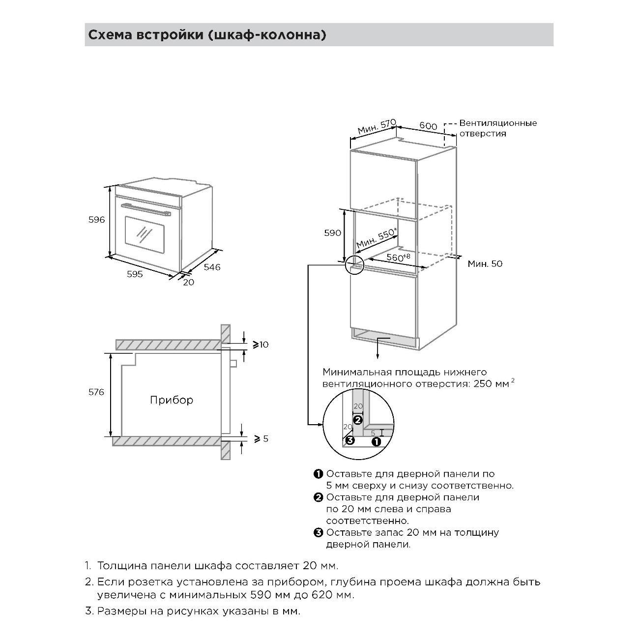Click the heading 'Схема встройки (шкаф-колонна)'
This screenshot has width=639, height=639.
click(207, 35)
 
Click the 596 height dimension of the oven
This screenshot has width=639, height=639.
click(97, 220)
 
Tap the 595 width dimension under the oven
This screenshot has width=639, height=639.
click(135, 274)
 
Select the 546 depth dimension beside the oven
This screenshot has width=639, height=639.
click(212, 267)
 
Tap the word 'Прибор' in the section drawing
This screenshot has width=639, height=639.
click(172, 400)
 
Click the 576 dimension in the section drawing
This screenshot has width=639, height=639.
click(96, 392)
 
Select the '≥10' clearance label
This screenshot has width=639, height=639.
click(261, 345)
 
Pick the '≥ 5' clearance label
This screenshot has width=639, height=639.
click(261, 438)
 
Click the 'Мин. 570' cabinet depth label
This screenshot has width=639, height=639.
click(376, 126)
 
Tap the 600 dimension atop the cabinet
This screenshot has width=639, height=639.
click(428, 126)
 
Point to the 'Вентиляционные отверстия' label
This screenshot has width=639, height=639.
click(497, 128)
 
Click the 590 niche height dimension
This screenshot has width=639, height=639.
click(333, 233)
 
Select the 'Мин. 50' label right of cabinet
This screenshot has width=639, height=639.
click(485, 263)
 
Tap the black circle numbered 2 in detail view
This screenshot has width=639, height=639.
click(358, 420)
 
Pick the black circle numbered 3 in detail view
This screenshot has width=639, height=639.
click(349, 440)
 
